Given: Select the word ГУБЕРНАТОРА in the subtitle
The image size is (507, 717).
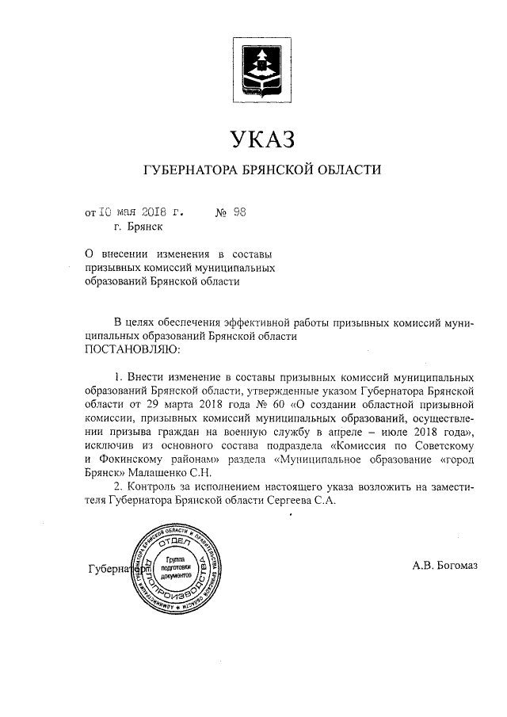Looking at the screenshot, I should pyautogui.click(x=188, y=170).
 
